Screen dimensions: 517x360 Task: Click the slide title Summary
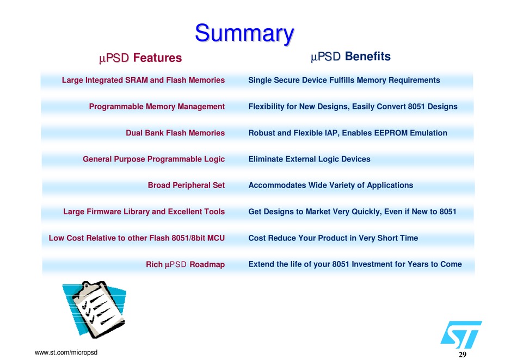click(244, 34)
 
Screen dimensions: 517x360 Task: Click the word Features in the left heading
click(158, 58)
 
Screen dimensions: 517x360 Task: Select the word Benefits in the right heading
click(368, 57)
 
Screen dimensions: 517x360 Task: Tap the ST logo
click(461, 334)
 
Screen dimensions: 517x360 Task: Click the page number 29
click(463, 355)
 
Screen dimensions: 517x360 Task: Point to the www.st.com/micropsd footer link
click(66, 352)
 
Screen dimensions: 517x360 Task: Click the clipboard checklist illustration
click(94, 309)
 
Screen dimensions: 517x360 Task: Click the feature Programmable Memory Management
click(157, 107)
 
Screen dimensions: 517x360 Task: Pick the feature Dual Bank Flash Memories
click(175, 133)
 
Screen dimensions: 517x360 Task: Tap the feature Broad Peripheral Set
click(186, 185)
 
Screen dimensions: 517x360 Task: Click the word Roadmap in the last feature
click(207, 264)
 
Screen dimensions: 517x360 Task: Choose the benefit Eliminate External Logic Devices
click(309, 159)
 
